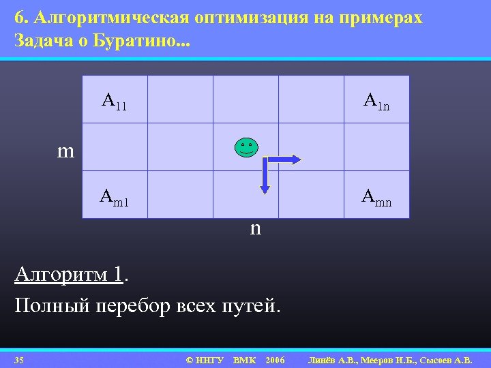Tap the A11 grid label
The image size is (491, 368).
point(114,102)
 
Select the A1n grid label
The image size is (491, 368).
point(376,102)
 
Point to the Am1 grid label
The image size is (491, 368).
point(114,198)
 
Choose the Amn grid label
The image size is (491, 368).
point(376,198)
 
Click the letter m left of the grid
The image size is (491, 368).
point(65,151)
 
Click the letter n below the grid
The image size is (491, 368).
point(255,228)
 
